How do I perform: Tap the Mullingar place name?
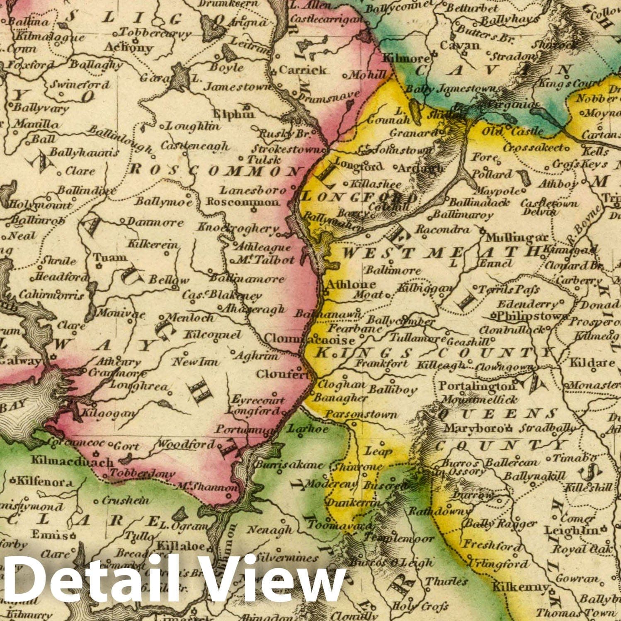point(517,238)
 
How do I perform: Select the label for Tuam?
point(109,257)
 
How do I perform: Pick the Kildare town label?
point(592,363)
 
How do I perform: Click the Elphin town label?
point(233,114)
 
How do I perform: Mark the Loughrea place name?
point(138,386)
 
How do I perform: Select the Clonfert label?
point(282,374)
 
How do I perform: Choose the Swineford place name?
point(80,85)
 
